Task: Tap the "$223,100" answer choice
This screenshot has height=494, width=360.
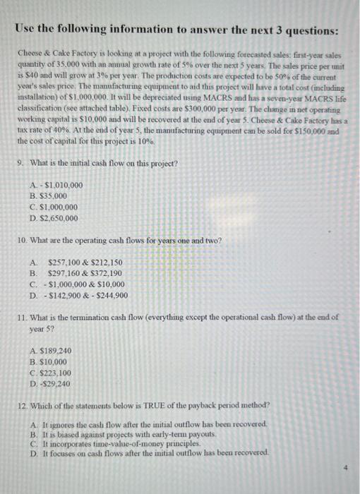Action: (x=54, y=373)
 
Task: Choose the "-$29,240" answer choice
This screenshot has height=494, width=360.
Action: (x=53, y=384)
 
